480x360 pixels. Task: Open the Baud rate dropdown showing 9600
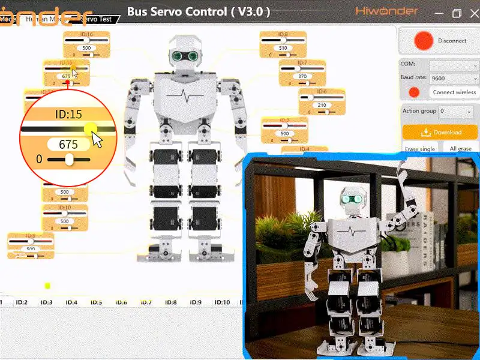point(454,78)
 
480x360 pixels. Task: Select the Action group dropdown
point(455,112)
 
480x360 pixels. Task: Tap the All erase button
point(460,149)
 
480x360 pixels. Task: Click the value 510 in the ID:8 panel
point(283,48)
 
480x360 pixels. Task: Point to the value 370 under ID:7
point(302,76)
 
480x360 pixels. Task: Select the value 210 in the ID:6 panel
point(322,105)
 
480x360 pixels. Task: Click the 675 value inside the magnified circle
point(68,144)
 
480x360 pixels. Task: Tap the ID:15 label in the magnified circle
point(68,114)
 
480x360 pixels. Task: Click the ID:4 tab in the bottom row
point(71,302)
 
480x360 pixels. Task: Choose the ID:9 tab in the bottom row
point(195,302)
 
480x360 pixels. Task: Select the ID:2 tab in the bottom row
point(22,302)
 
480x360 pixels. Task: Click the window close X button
point(472,13)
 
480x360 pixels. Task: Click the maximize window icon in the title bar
point(457,13)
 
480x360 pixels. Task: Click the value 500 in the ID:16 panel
point(86,48)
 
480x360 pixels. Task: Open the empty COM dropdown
point(454,64)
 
